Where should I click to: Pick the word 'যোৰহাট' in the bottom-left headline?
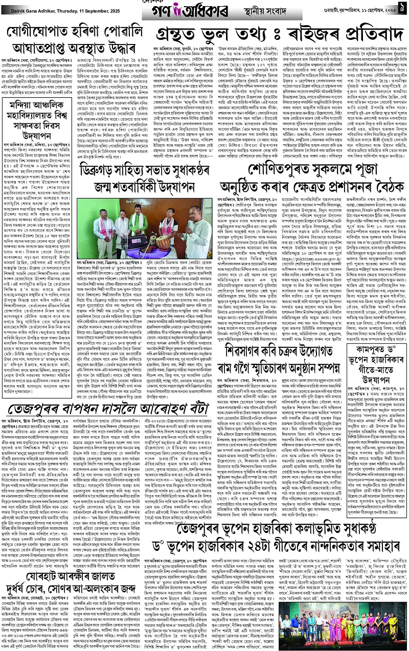pos(32,558)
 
